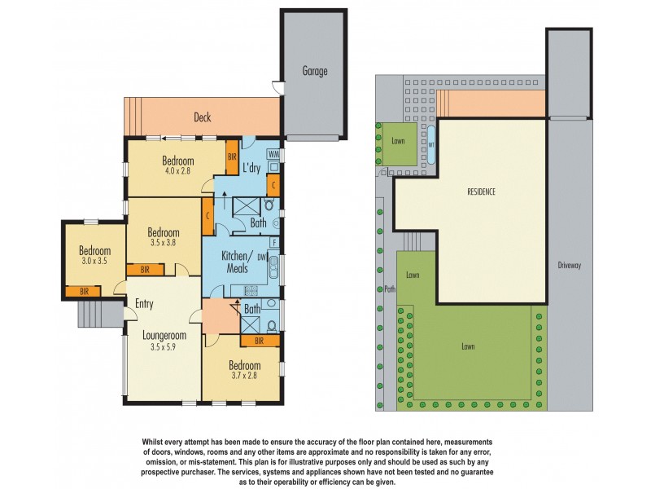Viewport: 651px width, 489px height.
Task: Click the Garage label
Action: pos(315,72)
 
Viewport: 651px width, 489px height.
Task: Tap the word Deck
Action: pos(202,117)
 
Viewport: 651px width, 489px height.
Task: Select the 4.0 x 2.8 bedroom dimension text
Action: pos(177,172)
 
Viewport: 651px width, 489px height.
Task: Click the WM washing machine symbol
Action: pos(273,154)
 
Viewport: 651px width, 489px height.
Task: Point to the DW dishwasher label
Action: pos(262,257)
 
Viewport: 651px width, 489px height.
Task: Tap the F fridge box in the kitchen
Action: pos(275,243)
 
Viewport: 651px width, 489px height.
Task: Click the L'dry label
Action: pos(252,169)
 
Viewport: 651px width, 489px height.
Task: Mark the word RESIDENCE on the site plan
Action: pos(481,192)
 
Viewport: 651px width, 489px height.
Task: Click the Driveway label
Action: pos(569,265)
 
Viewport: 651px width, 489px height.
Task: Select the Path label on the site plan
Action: pos(389,288)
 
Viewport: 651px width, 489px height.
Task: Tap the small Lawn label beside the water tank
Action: pos(398,140)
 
